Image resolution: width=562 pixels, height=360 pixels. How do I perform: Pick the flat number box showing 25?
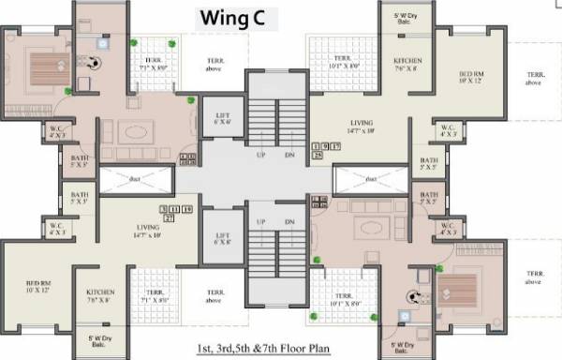[x=317, y=155]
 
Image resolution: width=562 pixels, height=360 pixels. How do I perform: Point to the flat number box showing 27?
[x=169, y=217]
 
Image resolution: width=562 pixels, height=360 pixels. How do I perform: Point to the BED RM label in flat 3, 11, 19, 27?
[x=38, y=283]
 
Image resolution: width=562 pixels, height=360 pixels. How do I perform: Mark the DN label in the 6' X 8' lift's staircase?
[x=289, y=222]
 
